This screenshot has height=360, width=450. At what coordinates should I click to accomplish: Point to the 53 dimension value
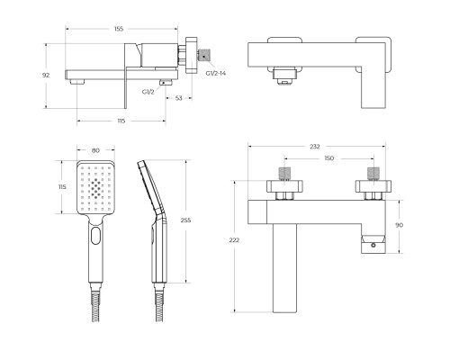tap(179, 97)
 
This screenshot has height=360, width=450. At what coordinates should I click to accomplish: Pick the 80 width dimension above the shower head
tap(96, 151)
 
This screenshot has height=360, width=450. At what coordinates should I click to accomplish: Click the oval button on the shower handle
tap(96, 238)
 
